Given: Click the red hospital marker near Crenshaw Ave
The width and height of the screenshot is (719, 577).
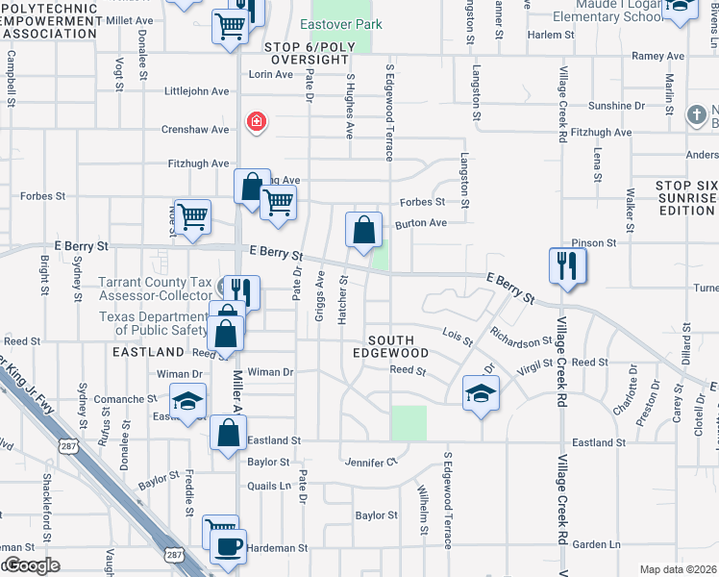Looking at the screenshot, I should click(256, 121).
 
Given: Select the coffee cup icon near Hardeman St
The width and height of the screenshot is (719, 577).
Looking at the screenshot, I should click(228, 546).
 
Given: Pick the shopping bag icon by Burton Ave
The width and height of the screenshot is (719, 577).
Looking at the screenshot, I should click(363, 230).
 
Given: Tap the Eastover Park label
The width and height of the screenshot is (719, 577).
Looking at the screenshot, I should click(340, 24).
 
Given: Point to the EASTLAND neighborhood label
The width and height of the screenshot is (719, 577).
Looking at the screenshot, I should click(147, 353).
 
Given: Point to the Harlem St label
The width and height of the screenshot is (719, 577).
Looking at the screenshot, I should click(551, 35).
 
